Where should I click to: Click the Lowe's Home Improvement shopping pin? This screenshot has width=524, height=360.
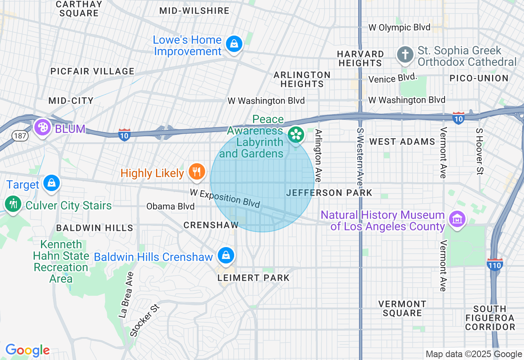234,43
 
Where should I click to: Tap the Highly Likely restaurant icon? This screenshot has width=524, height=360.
197,172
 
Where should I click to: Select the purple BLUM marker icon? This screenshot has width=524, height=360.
43,127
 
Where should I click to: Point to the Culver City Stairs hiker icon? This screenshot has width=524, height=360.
13,204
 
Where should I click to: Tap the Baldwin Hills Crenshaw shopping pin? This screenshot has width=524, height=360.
225,255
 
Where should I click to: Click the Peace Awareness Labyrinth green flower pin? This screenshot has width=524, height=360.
296,135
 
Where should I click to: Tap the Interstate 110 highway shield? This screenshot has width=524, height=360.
495,265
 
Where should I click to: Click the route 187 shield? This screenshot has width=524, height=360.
20,136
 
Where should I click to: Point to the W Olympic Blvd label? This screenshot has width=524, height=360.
399,27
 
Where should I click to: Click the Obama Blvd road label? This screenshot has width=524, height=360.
170,207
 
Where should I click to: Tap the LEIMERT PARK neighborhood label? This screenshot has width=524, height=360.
253,278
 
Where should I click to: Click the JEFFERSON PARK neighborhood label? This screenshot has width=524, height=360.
329,193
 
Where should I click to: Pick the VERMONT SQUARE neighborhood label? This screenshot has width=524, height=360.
402,308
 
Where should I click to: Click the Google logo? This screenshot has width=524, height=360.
27,350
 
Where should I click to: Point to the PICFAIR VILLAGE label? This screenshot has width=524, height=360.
92,71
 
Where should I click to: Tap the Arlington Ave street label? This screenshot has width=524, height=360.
318,155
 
